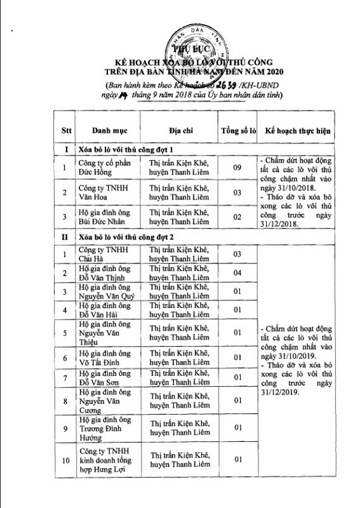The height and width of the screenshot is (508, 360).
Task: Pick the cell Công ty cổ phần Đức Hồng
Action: click(x=102, y=169)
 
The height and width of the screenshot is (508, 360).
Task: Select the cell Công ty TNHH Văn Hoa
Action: click(x=102, y=192)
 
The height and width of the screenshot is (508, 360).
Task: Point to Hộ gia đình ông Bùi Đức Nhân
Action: click(x=102, y=217)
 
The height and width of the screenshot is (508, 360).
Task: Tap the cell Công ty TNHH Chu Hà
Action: click(x=102, y=253)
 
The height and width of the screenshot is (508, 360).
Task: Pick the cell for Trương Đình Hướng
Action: click(x=102, y=428)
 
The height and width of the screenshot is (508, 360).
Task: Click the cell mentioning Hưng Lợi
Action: click(x=105, y=469)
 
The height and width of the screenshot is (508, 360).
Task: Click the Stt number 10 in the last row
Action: click(x=63, y=458)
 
